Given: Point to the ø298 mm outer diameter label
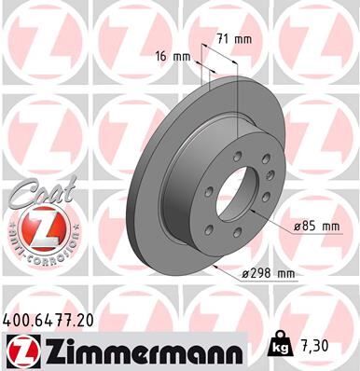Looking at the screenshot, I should click(267, 273).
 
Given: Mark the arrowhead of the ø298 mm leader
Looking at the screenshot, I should click(213, 265).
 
